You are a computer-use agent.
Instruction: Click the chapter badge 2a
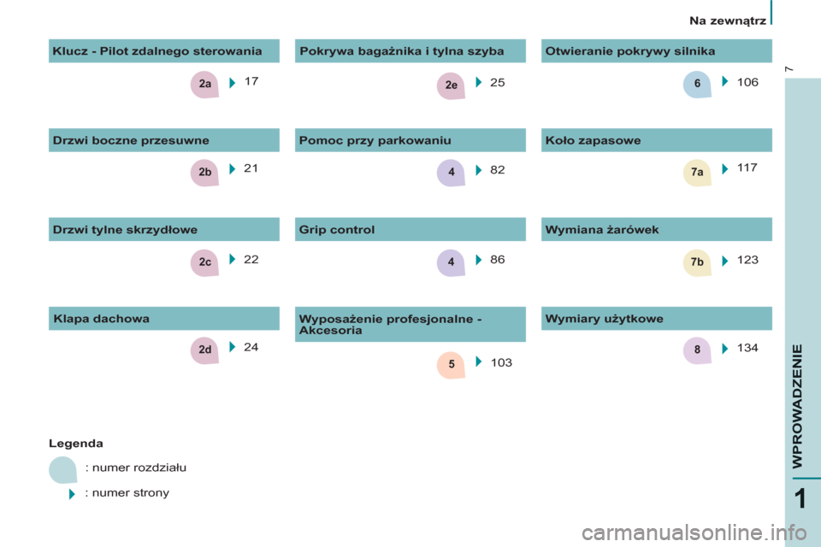click(204, 84)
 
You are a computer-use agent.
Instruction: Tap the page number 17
click(251, 81)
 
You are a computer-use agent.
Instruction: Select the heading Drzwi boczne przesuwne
click(131, 140)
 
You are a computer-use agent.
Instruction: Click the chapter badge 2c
click(204, 262)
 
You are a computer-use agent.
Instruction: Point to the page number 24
click(251, 347)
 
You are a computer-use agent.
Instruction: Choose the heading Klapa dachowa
click(102, 319)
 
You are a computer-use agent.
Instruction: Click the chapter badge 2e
click(452, 85)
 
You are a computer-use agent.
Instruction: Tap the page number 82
click(498, 169)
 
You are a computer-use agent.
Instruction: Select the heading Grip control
click(337, 229)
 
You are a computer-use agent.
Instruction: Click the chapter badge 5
click(452, 364)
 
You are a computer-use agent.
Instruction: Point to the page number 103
click(501, 362)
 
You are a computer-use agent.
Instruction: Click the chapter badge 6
click(698, 84)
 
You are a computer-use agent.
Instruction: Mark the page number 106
click(747, 82)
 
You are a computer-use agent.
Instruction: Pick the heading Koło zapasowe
click(594, 140)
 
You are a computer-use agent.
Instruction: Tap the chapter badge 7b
click(698, 262)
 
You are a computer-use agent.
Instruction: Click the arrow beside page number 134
click(725, 349)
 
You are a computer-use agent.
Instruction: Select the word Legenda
click(76, 444)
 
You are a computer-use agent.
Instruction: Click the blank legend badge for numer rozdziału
click(62, 470)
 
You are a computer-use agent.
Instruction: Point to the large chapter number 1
click(800, 499)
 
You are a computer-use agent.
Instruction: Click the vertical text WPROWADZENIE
click(797, 406)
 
